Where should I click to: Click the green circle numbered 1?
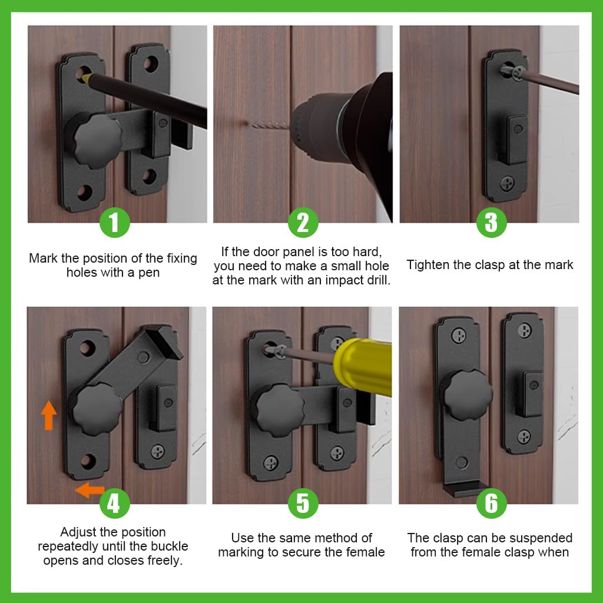114,223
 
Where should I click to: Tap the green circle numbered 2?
303,223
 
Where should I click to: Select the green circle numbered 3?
491,223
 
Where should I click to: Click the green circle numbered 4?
114,503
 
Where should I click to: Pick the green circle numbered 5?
303,503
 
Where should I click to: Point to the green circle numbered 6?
491,503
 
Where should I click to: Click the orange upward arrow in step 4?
49,415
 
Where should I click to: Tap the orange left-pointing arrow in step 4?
90,489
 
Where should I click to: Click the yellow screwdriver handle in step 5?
363,366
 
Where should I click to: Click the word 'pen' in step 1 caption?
147,273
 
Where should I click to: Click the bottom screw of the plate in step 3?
508,183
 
